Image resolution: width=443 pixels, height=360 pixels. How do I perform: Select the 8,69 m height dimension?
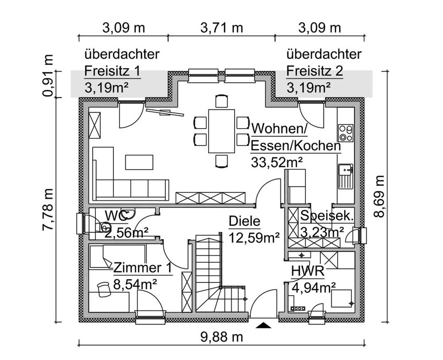click(x=379, y=196)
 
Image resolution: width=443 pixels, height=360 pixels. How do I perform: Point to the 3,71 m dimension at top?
click(x=221, y=28)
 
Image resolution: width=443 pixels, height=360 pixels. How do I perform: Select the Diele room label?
click(x=245, y=221)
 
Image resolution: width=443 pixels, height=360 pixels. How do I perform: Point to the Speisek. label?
click(x=327, y=216)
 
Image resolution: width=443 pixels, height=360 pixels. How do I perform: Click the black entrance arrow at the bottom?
click(x=264, y=326)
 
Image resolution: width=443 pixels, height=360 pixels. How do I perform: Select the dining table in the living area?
click(x=221, y=131)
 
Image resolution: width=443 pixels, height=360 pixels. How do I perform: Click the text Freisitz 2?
click(x=315, y=71)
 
